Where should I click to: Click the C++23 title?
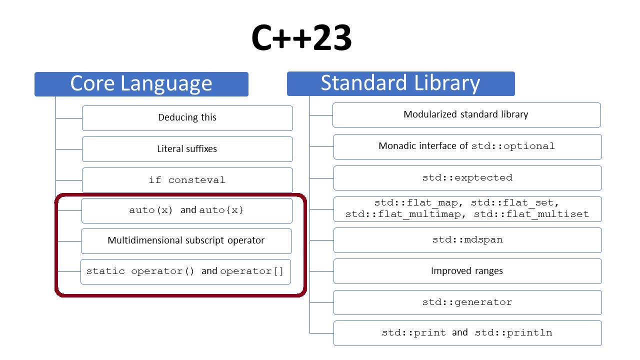point(301,37)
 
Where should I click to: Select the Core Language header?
point(141,84)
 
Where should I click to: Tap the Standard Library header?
point(401,83)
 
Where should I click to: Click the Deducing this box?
point(187,118)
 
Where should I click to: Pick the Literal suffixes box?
point(187,149)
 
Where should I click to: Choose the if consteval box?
point(187,180)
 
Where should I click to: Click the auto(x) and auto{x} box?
point(187,210)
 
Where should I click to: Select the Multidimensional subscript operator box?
point(186,241)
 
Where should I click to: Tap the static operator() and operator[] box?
point(185,271)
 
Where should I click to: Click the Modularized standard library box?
point(466,115)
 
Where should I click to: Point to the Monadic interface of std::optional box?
point(467,146)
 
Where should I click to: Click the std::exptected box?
point(467,178)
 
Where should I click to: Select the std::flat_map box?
point(467,209)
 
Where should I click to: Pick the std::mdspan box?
point(467,240)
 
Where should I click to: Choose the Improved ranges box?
point(467,271)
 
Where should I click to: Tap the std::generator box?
point(467,302)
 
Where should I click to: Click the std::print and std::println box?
point(467,333)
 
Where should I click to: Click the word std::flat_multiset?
point(531,214)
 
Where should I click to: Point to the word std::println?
point(513,333)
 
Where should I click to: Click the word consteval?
point(196,180)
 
